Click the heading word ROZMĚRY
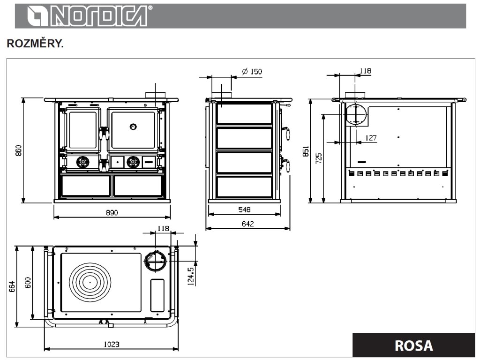(35, 44)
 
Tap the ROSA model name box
(413, 345)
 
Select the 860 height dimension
(19, 150)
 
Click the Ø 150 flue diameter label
(252, 72)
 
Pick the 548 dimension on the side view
(244, 209)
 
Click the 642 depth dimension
(247, 224)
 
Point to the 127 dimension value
(370, 138)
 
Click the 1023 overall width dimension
(111, 344)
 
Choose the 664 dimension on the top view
(12, 285)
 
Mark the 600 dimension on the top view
(28, 283)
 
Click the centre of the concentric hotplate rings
(90, 283)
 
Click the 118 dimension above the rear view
(365, 71)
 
